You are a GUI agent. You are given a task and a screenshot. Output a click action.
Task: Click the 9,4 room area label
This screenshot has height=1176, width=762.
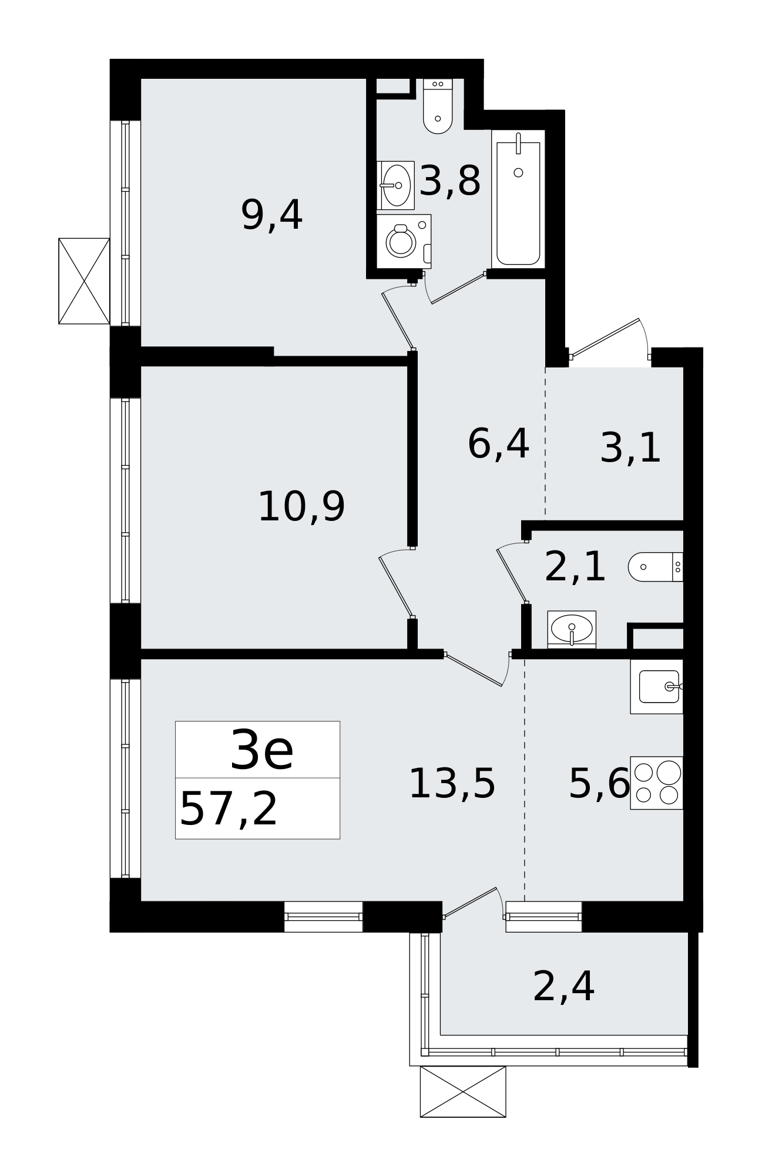pyautogui.click(x=271, y=216)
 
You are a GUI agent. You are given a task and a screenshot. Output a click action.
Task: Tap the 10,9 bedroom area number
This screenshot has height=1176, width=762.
pyautogui.click(x=301, y=507)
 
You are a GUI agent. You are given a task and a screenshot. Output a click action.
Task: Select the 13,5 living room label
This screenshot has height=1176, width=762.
pyautogui.click(x=452, y=784)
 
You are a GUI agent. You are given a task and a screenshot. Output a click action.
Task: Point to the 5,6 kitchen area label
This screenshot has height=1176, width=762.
pyautogui.click(x=599, y=784)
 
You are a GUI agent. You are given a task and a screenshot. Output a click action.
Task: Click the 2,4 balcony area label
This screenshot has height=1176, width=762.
pyautogui.click(x=563, y=987)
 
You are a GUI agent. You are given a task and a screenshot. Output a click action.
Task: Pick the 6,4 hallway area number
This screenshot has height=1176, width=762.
pyautogui.click(x=498, y=445)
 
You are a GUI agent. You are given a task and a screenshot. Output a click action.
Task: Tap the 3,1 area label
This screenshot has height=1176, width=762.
pyautogui.click(x=630, y=449)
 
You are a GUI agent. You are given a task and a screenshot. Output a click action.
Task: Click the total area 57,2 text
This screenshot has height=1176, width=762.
pyautogui.click(x=229, y=810)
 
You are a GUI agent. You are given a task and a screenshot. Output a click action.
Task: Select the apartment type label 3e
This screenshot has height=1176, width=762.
pyautogui.click(x=261, y=750)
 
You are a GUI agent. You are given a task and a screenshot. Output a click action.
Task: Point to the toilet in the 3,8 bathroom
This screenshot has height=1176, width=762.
pyautogui.click(x=438, y=109)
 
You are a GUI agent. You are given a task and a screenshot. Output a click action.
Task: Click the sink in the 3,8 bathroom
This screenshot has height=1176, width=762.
pyautogui.click(x=396, y=185)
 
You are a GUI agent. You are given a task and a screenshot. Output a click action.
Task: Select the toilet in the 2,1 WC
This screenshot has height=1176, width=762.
pyautogui.click(x=654, y=567)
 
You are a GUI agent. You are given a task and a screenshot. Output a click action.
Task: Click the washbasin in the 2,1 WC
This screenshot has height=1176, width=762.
pyautogui.click(x=572, y=629)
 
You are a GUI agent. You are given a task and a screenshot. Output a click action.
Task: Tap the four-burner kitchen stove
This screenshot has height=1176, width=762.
pyautogui.click(x=657, y=783)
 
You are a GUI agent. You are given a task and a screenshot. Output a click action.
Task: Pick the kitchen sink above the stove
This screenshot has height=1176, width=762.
pyautogui.click(x=657, y=686)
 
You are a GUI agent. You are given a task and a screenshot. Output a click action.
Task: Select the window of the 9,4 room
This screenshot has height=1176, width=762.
pyautogui.click(x=125, y=223)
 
